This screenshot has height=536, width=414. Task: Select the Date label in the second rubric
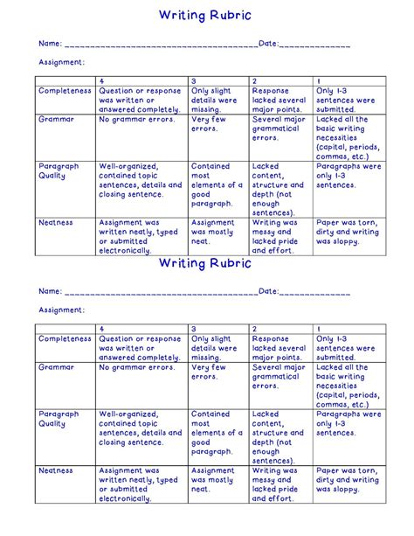(267, 291)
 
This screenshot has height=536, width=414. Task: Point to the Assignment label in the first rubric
(61, 62)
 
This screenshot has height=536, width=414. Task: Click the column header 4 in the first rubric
(101, 80)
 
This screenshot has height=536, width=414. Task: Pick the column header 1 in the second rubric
(319, 328)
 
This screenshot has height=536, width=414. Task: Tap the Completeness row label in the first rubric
(65, 91)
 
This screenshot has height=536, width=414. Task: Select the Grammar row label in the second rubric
(56, 368)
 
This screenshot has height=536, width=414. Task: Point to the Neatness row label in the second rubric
(56, 470)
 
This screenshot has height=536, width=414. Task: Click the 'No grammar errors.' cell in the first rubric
(138, 120)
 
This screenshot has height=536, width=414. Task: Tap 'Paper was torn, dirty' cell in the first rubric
(347, 233)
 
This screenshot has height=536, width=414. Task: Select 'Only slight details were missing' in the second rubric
(215, 347)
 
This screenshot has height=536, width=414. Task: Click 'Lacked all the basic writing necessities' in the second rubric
(347, 386)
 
